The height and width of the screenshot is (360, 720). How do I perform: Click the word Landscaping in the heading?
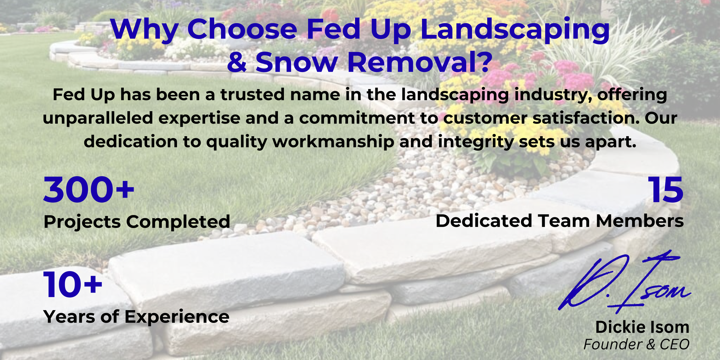[x=515, y=30]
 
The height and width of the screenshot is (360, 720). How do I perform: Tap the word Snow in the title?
[x=297, y=62]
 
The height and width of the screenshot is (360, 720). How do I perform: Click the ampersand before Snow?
[x=237, y=62]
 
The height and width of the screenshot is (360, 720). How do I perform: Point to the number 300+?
[x=89, y=190]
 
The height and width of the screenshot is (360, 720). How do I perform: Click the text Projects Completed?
[x=137, y=222]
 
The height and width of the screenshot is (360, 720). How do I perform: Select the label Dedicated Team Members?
[x=559, y=221]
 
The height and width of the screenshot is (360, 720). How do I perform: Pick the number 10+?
[x=73, y=285]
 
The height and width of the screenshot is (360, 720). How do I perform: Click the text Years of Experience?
[x=136, y=317]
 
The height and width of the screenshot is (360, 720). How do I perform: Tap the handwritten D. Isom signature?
[x=624, y=282]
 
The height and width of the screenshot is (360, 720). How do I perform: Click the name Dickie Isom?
[x=642, y=327]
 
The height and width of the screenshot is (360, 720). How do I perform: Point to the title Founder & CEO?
[x=636, y=344]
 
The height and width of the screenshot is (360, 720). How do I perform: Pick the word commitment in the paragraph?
[x=357, y=118]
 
